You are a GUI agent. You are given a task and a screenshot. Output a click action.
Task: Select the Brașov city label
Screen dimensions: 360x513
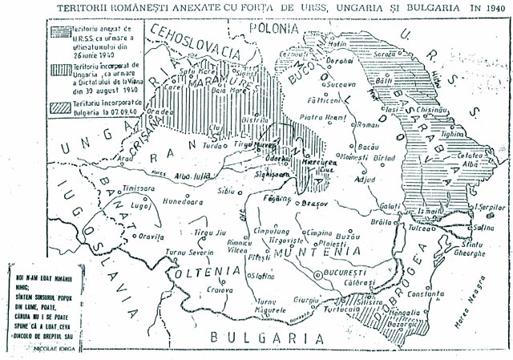(302, 204)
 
